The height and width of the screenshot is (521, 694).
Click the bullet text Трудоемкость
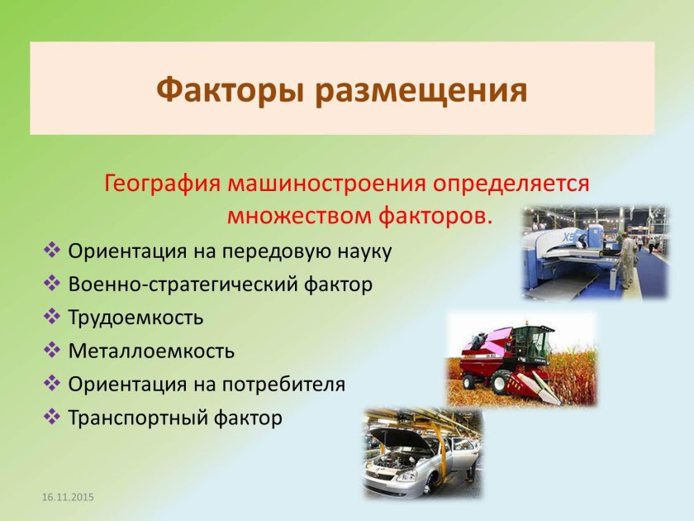pos(135,317)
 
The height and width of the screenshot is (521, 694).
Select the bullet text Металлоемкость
pos(151,351)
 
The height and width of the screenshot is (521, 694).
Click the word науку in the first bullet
pos(362,251)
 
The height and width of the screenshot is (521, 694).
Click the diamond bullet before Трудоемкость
pos(52,317)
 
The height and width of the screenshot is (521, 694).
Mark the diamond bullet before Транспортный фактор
pos(52,418)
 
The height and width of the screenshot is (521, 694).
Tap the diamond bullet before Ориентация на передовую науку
pos(52,251)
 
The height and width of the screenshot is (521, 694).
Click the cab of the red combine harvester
pos(533,342)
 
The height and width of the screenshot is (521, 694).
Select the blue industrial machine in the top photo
pos(562,256)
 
